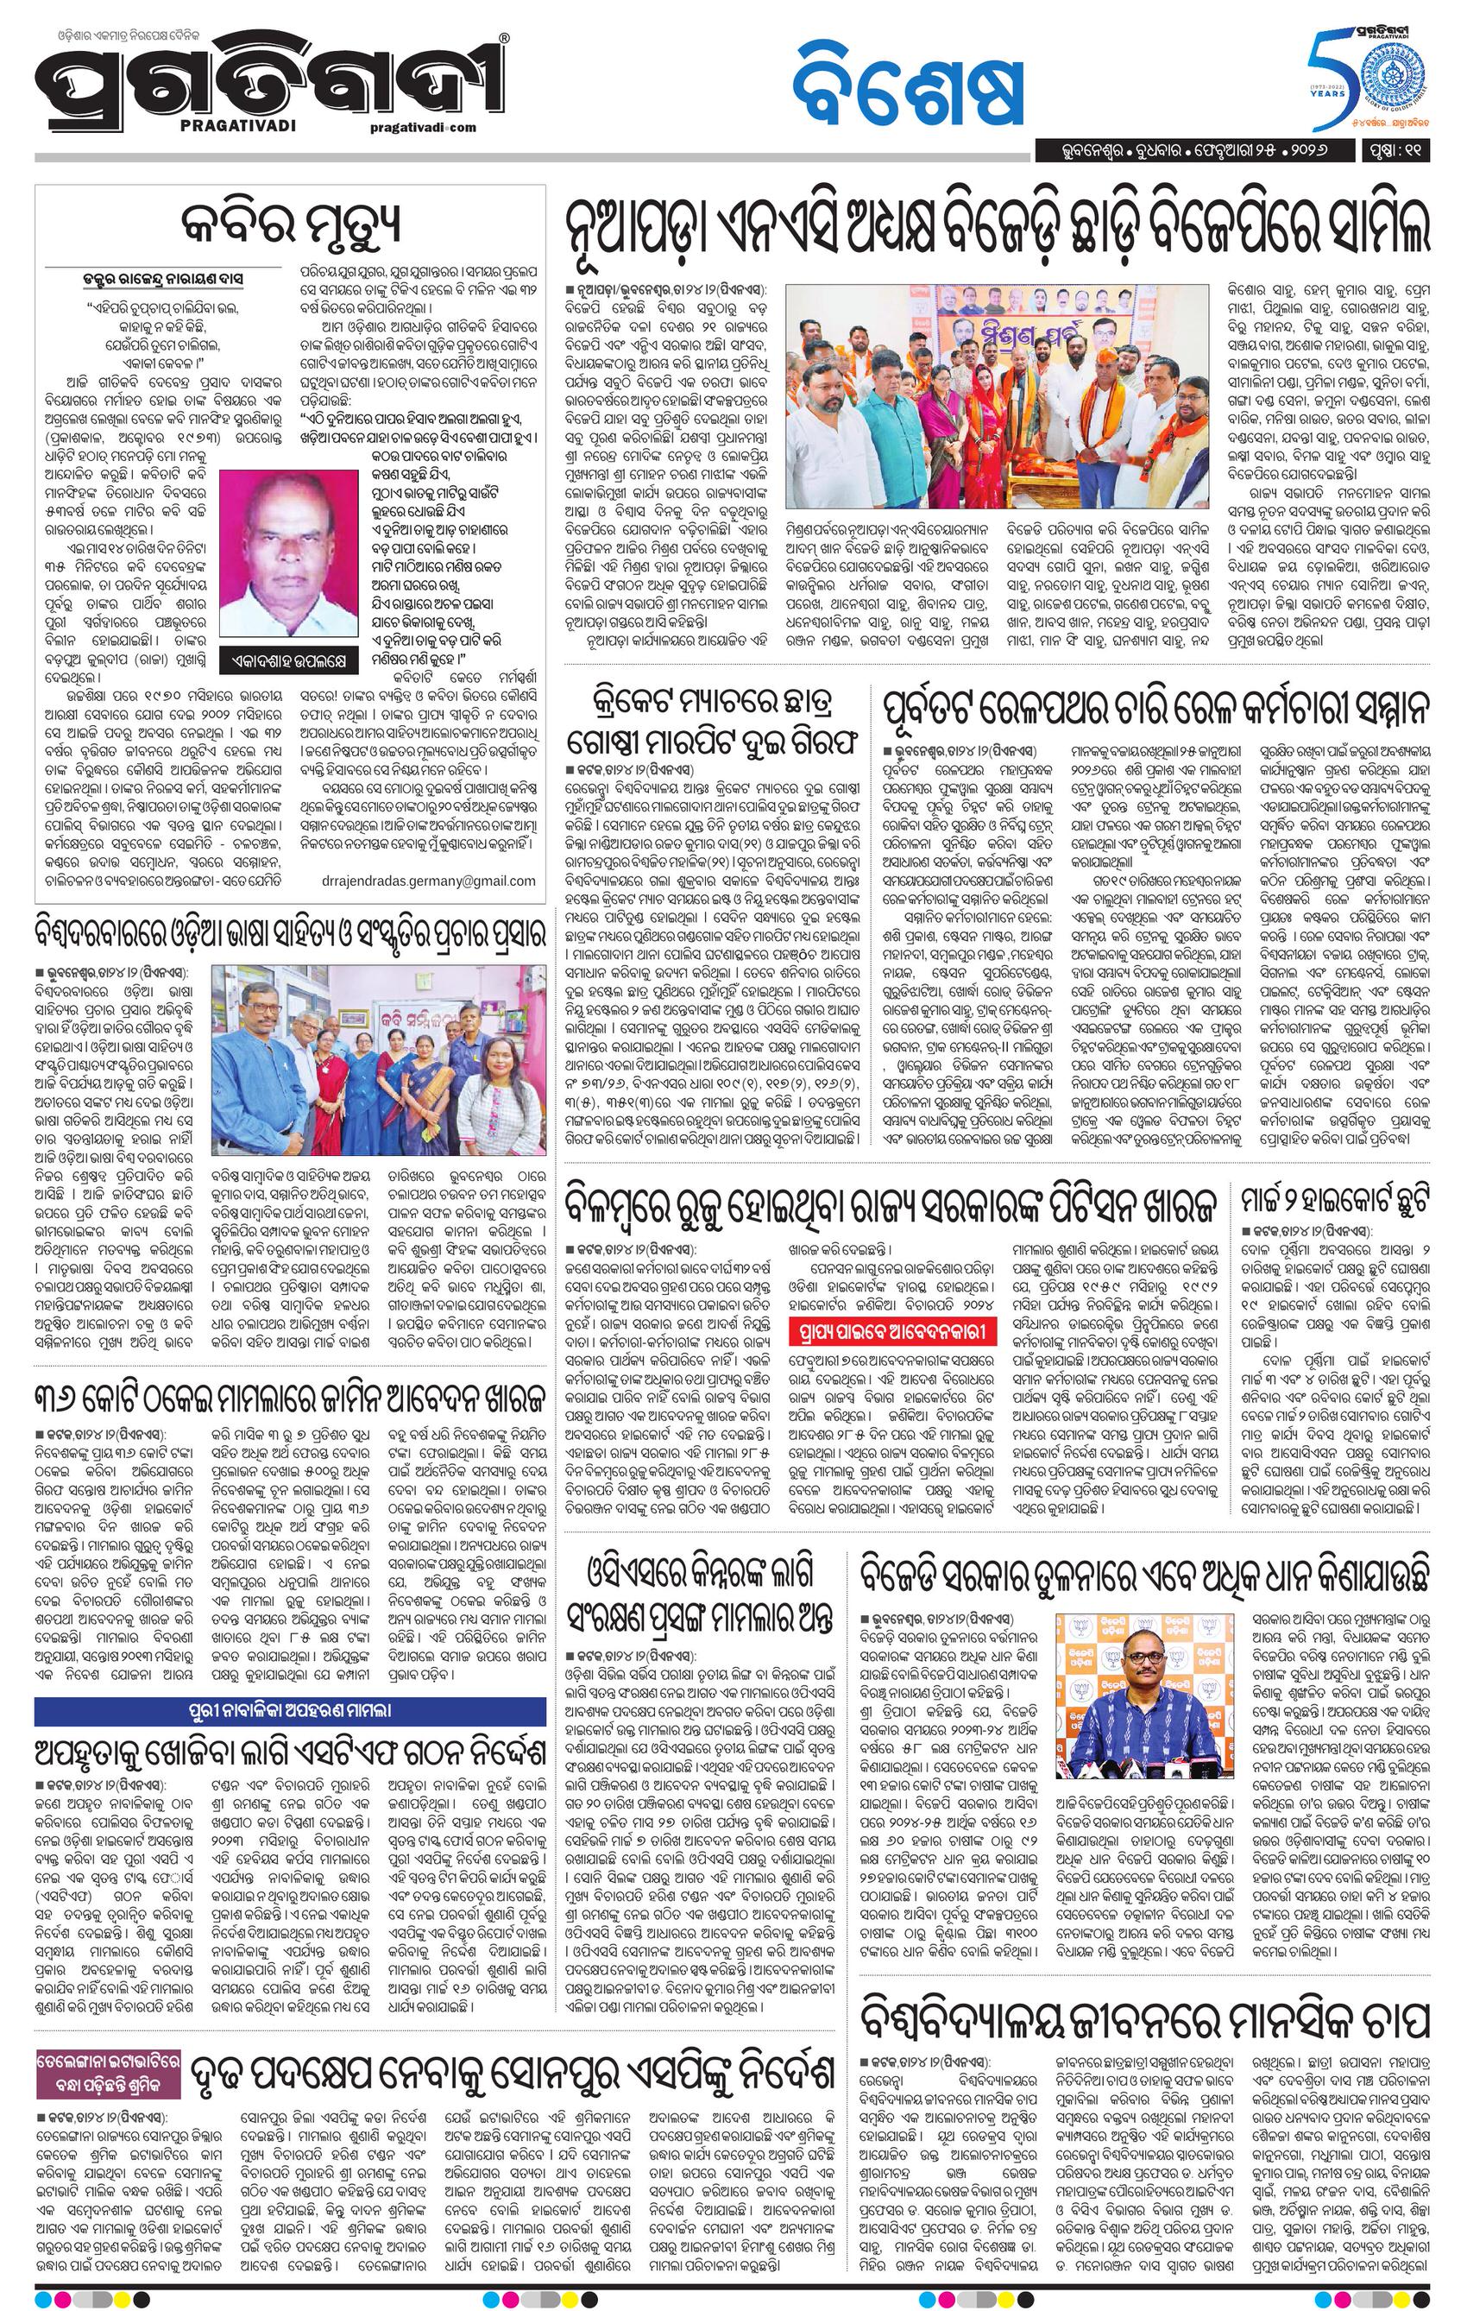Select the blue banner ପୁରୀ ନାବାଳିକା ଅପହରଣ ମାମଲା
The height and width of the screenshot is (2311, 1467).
tap(290, 1709)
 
